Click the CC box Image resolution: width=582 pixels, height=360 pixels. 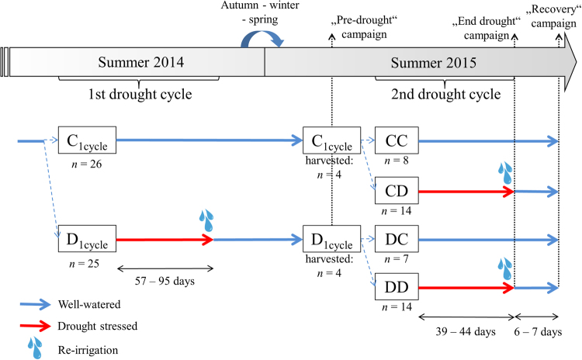click(396, 140)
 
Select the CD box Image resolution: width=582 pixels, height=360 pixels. click(396, 190)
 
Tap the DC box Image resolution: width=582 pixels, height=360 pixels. click(396, 239)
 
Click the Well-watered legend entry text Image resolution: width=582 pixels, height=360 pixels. click(92, 306)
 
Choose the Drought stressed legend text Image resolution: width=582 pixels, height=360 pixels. click(98, 327)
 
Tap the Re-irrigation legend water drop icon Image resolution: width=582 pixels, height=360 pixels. click(34, 346)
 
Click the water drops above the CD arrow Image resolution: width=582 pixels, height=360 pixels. click(507, 171)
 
